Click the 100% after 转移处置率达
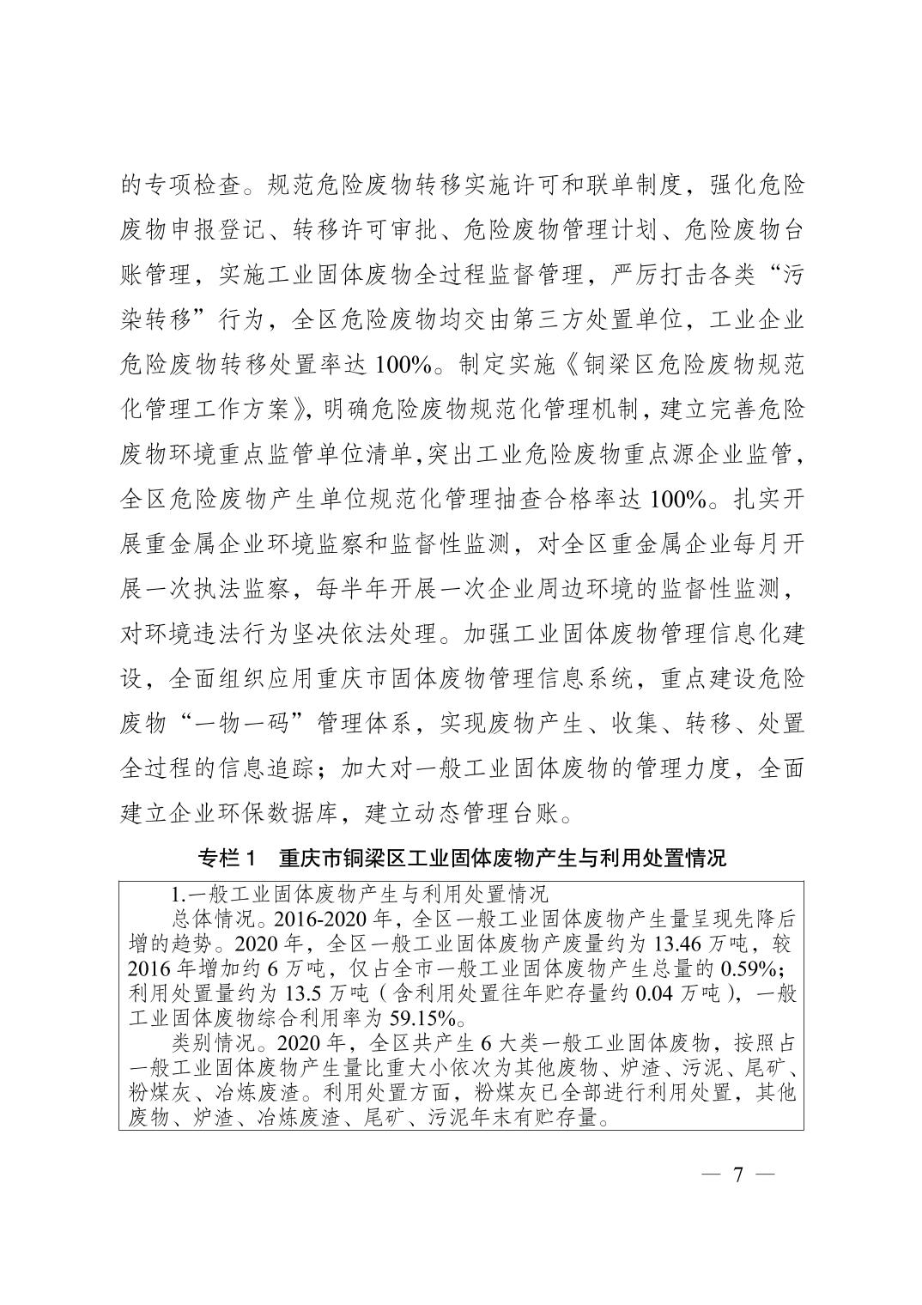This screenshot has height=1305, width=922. pyautogui.click(x=404, y=364)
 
